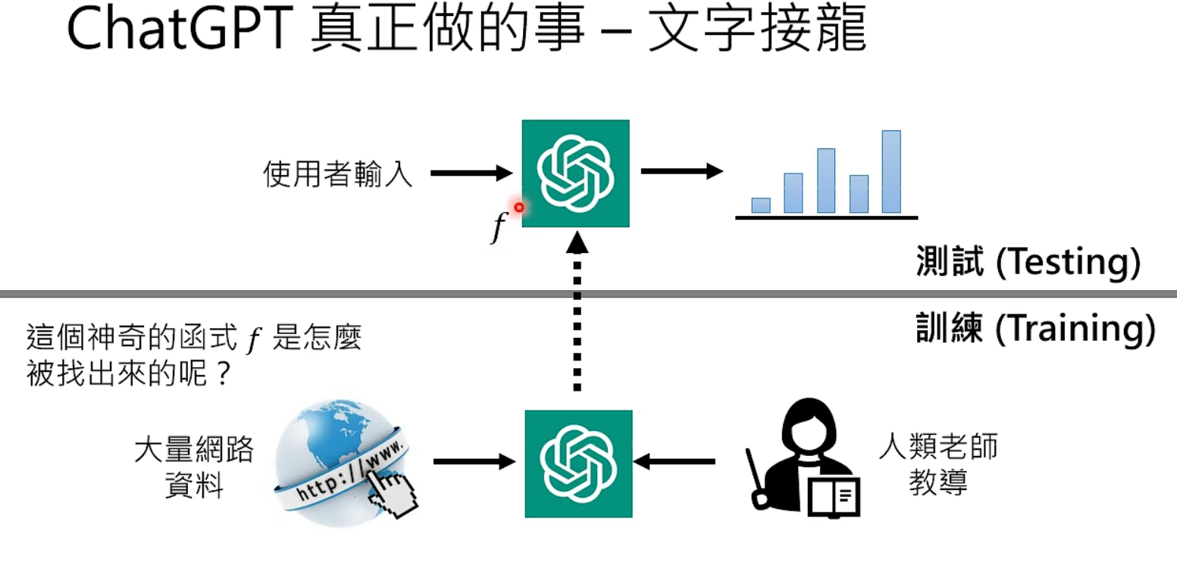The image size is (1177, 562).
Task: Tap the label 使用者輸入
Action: point(338,174)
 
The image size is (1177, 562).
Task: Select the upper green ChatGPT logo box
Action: point(576,173)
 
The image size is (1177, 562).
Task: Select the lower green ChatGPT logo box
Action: point(579,464)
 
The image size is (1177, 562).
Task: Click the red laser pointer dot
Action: point(519,207)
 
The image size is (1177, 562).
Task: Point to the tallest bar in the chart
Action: point(891,172)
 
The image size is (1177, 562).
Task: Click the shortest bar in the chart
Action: point(761,205)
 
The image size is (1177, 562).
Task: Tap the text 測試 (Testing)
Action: point(1027,263)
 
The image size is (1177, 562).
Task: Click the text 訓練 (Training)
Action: point(1035,330)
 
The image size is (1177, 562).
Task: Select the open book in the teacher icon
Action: point(834,497)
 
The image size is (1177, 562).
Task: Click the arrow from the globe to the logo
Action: point(474,461)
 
